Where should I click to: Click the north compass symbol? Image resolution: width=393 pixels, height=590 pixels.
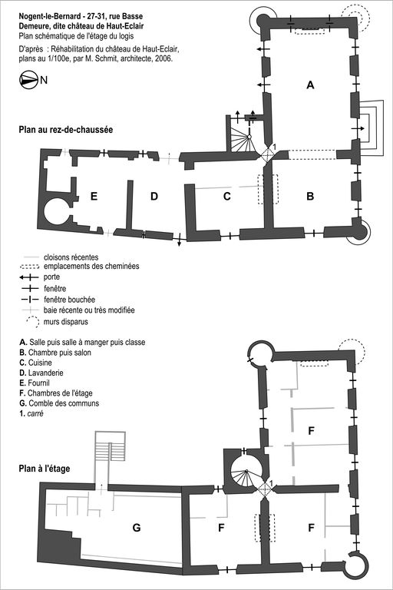click(x=28, y=80)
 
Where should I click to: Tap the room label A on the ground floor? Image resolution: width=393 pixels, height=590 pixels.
click(x=310, y=85)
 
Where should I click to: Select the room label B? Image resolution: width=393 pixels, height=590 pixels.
click(x=310, y=196)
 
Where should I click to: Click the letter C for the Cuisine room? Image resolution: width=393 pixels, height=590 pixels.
click(x=226, y=197)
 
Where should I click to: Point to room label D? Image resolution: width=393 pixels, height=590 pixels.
click(x=154, y=196)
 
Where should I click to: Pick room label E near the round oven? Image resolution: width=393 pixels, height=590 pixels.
click(x=94, y=196)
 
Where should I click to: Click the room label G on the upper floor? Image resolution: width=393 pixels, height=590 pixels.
click(x=137, y=528)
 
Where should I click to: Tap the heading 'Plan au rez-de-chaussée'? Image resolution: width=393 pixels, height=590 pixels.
click(x=66, y=130)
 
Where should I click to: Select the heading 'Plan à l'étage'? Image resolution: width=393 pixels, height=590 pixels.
click(x=45, y=469)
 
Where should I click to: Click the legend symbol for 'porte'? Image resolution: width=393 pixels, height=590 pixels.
click(x=29, y=277)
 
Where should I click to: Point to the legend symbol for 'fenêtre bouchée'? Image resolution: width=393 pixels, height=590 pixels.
click(x=29, y=300)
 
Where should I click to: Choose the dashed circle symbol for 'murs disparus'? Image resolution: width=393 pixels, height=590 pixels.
click(x=32, y=322)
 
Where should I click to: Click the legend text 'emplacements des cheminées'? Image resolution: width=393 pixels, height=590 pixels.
click(x=91, y=266)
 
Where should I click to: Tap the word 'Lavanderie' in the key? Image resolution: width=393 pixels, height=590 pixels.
click(x=45, y=373)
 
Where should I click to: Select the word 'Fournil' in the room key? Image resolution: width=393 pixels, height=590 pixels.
click(x=38, y=383)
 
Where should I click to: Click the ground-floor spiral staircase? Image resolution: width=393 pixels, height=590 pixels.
click(x=242, y=138)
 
